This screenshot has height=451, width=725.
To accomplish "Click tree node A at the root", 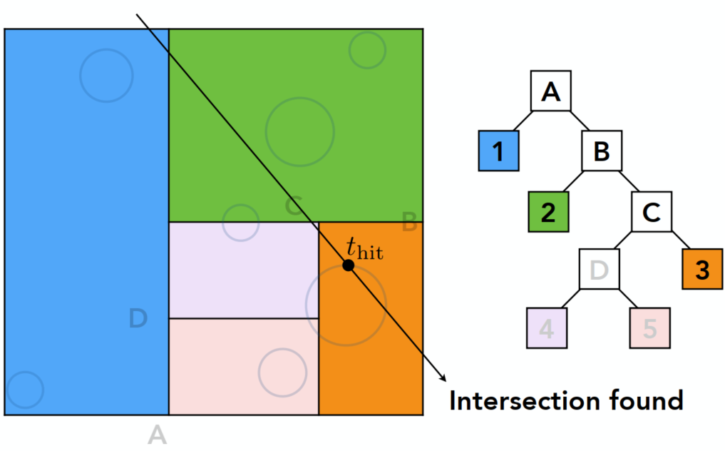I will tap(550, 91).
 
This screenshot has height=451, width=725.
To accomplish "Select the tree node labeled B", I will tap(602, 151).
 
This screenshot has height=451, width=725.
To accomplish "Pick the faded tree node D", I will tap(599, 270).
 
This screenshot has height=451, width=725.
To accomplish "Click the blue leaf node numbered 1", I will tap(498, 151).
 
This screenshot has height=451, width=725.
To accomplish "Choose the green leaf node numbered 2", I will tap(548, 212).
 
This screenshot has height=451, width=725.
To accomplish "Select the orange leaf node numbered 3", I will tap(702, 270).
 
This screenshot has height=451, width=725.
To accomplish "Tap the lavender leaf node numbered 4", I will tap(547, 329).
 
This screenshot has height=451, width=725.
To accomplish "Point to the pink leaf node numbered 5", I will tap(649, 329).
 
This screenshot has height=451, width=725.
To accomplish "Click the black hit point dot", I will tap(348, 265).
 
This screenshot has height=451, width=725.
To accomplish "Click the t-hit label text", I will tap(364, 248).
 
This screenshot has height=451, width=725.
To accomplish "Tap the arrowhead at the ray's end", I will tap(443, 379).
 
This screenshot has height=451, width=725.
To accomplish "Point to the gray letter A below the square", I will tap(157, 434).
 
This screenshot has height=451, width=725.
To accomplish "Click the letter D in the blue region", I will tap(138, 319).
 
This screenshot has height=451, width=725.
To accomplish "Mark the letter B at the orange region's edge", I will tap(409, 223).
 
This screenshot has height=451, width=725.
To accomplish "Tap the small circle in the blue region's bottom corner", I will tap(26, 390).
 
